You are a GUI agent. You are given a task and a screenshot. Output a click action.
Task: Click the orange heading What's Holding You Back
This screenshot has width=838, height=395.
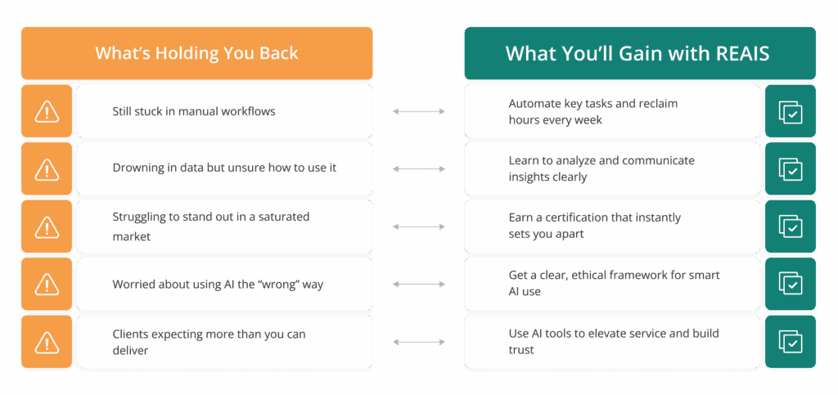pos(196,53)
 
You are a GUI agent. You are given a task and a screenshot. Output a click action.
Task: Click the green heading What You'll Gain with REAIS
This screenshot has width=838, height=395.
pos(638,53)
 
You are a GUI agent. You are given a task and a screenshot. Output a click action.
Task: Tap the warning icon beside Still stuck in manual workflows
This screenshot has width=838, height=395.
pos(47,111)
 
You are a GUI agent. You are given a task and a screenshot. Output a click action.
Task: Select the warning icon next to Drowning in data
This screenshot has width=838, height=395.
pos(47,169)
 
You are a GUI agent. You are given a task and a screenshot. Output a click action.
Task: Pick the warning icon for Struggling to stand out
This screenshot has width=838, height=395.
pos(47,227)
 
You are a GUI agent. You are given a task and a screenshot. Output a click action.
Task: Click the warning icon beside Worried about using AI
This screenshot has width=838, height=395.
pos(47,285)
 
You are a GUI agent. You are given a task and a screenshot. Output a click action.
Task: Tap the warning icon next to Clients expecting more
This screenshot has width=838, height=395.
pos(47,342)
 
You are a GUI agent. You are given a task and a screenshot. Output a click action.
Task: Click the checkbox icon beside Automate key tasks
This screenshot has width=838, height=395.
pos(791,111)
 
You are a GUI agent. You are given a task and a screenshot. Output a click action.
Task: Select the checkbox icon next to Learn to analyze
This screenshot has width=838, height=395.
pos(791,169)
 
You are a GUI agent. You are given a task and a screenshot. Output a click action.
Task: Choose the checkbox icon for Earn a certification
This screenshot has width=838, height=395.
pos(791,227)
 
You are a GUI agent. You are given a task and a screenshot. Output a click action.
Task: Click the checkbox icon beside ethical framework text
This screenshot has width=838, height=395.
pos(791,285)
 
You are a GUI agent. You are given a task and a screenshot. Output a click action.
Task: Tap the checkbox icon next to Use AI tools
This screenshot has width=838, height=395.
pos(791,342)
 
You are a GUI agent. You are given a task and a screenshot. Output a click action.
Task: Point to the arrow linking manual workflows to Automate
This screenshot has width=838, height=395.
pos(418,111)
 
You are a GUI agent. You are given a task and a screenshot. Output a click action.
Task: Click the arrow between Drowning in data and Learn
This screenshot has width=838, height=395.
pos(418,169)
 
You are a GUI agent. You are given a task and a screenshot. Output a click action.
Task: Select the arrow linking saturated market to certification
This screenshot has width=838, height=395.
pos(418,227)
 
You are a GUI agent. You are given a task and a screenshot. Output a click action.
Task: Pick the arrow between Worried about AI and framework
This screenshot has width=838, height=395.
pos(418,285)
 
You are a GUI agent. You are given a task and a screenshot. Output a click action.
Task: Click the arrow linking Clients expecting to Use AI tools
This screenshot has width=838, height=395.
pos(418,342)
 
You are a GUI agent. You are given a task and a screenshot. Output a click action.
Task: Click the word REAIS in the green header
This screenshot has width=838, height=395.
pos(741,53)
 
